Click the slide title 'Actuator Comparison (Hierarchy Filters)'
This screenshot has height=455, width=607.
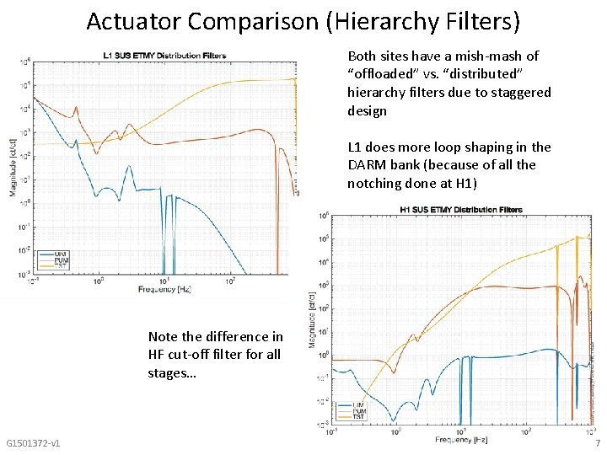point(303,20)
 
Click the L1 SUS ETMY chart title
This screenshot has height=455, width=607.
point(164,56)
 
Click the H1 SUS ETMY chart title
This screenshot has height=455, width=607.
point(460,209)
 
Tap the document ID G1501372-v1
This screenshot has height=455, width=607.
point(32,443)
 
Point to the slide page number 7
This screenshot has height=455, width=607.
point(597,443)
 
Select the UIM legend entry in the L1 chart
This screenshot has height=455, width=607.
point(60,254)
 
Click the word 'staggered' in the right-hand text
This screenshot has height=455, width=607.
point(519,92)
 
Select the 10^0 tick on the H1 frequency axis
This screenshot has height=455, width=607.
point(395,432)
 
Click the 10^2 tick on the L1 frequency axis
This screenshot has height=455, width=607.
point(230,281)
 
